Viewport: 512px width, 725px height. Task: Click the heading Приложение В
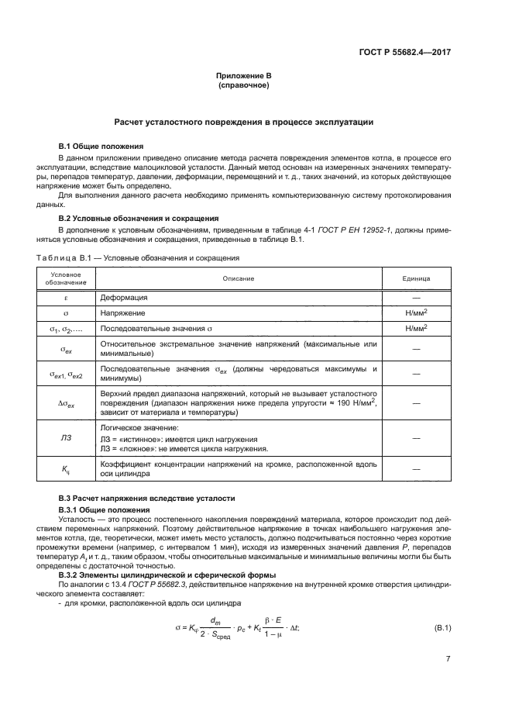pos(244,76)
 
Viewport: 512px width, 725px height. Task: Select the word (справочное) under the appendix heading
pos(244,85)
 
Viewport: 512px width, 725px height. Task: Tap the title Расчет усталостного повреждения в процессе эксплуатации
pos(244,122)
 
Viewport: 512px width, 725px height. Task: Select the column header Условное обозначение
pos(66,278)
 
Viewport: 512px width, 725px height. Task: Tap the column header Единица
pos(416,278)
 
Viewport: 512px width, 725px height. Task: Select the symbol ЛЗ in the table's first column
pos(66,438)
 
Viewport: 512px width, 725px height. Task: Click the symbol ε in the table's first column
pos(66,297)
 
